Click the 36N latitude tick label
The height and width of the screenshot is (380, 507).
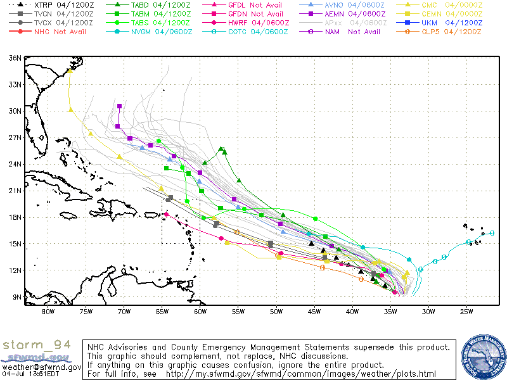pyautogui.click(x=14, y=58)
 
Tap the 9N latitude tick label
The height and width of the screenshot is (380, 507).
pyautogui.click(x=16, y=296)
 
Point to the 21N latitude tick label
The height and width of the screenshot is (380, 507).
pyautogui.click(x=14, y=191)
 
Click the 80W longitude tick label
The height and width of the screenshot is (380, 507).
pyautogui.click(x=48, y=310)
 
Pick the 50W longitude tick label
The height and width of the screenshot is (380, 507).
pyautogui.click(x=276, y=310)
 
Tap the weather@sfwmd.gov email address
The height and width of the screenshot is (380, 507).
pyautogui.click(x=41, y=367)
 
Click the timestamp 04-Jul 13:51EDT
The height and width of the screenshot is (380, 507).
pyautogui.click(x=29, y=374)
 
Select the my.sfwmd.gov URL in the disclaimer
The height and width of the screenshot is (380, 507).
pyautogui.click(x=301, y=374)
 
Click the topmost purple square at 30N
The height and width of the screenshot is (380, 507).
pyautogui.click(x=120, y=106)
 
